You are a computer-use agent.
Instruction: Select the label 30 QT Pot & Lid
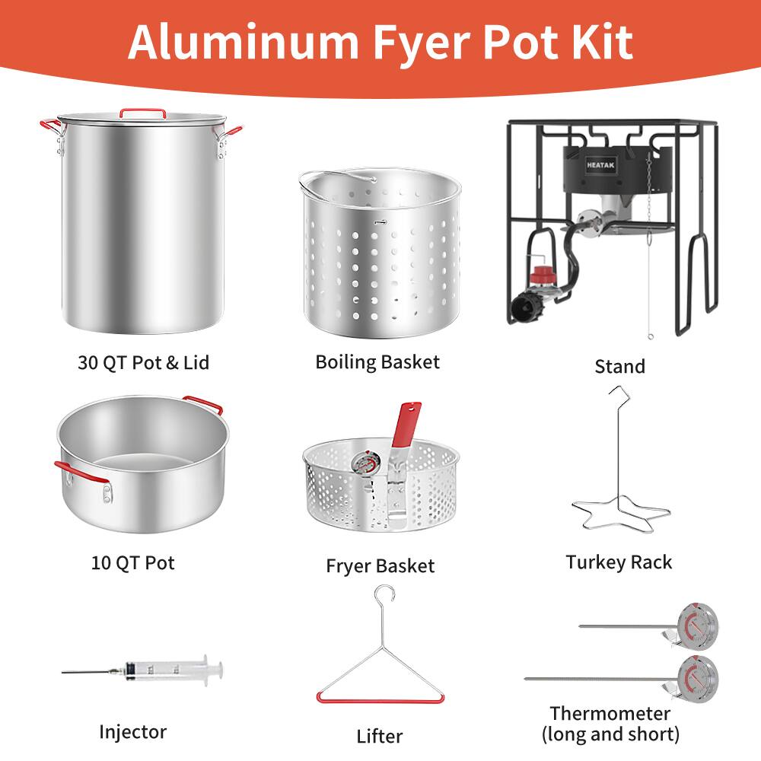click(x=143, y=362)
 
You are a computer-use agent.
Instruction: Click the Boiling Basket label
click(x=377, y=361)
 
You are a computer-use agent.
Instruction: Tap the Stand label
click(x=619, y=367)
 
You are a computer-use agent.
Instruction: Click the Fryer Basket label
click(x=380, y=566)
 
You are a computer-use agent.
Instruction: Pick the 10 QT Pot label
click(x=133, y=563)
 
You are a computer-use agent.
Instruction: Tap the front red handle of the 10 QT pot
click(x=79, y=471)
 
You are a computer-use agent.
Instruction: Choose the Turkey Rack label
click(x=619, y=562)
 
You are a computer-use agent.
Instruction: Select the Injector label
click(x=132, y=732)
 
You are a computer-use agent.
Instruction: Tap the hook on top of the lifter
click(x=386, y=594)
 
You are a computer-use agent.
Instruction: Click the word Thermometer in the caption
click(x=610, y=713)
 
